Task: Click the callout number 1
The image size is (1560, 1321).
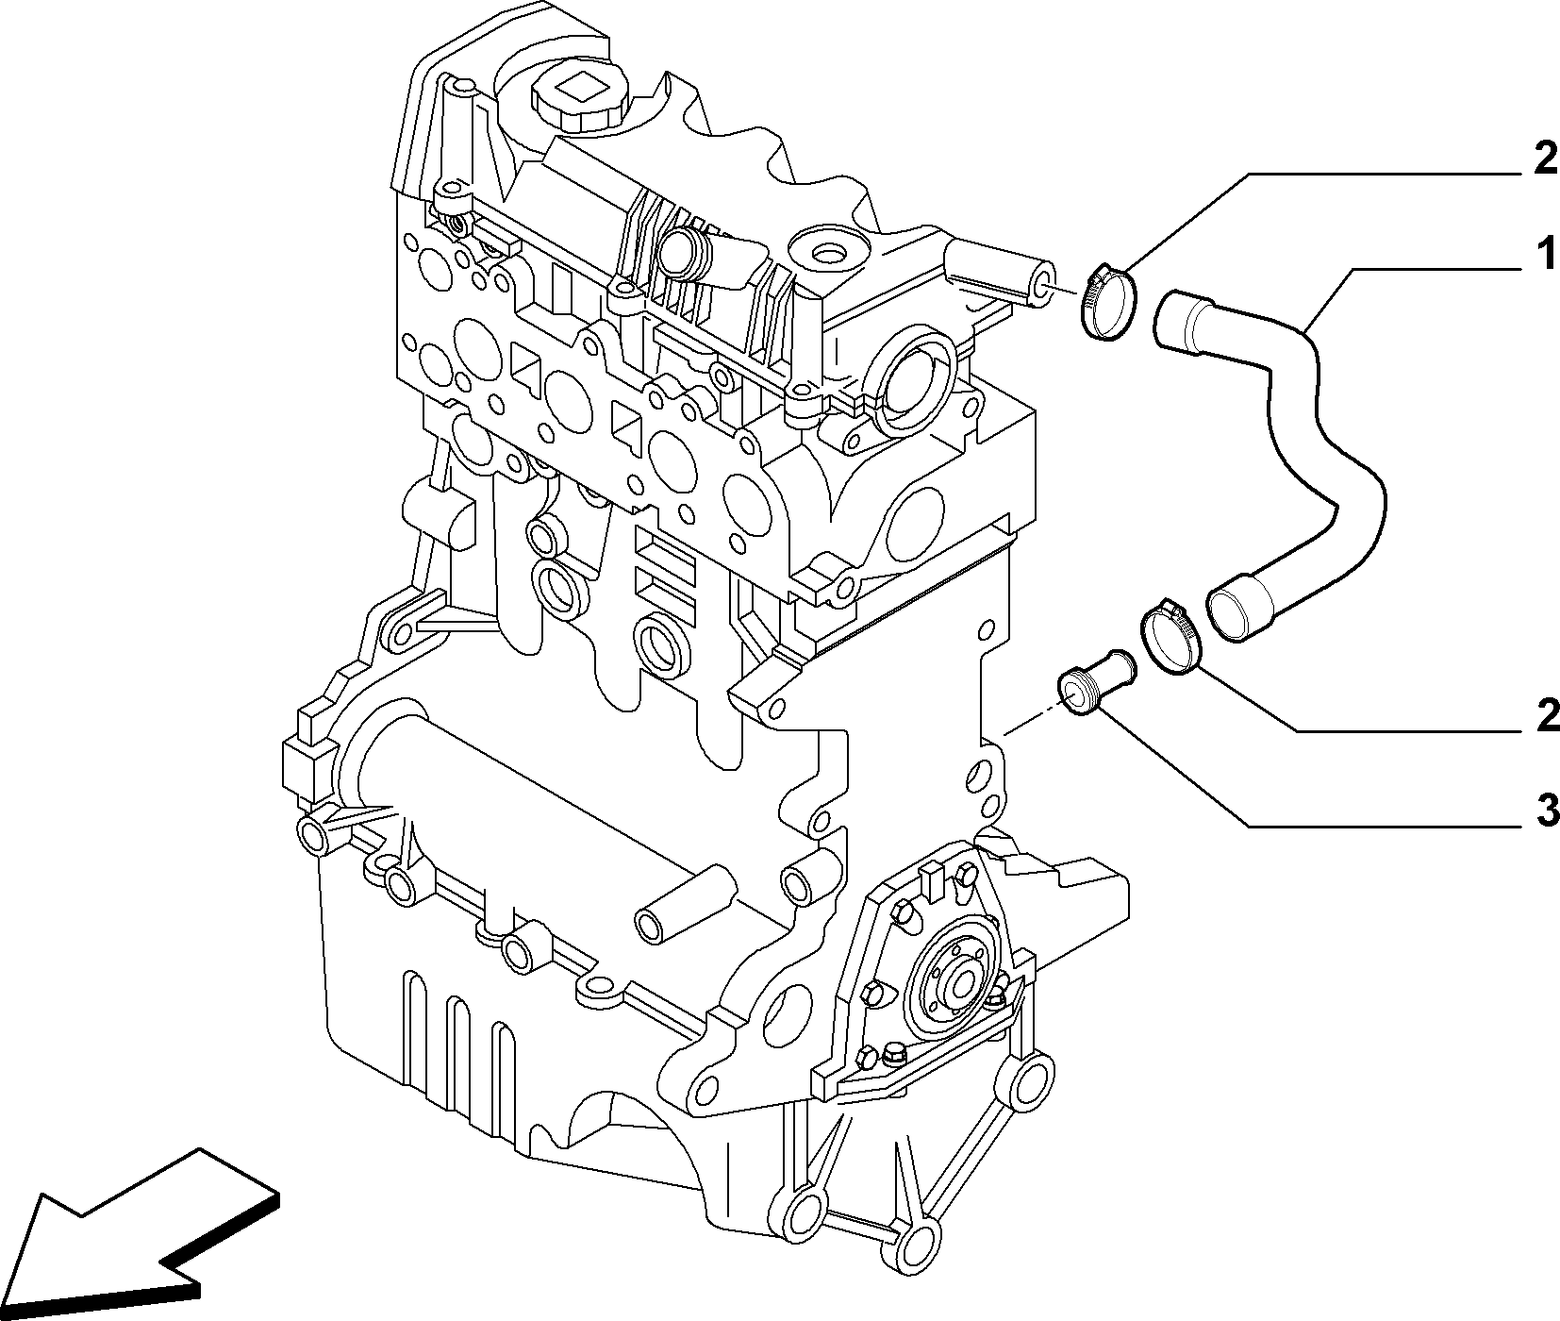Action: point(1544,256)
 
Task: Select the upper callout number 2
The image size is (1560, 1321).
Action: point(1545,159)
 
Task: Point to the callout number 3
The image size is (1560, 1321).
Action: point(1545,810)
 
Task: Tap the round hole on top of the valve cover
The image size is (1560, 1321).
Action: point(830,254)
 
